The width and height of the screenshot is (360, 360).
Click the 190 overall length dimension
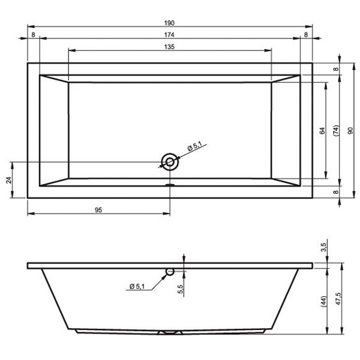coord(169,23)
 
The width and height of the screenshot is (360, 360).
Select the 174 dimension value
coord(169,35)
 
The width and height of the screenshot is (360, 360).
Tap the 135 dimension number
coord(169,47)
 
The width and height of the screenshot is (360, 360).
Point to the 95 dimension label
coord(98,210)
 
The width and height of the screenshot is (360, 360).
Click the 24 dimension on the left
coord(9,180)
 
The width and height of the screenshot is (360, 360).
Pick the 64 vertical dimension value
coord(322,131)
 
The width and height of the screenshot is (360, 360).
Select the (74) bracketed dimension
coord(336,131)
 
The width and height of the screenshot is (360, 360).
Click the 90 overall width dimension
coord(350,131)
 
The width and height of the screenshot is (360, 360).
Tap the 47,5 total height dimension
coord(338,299)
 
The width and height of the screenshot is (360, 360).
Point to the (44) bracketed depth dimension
coord(323,302)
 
